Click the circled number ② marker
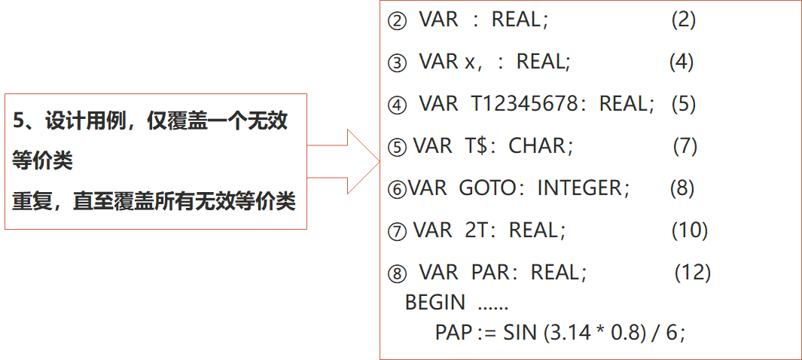pyautogui.click(x=396, y=21)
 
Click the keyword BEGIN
pyautogui.click(x=435, y=302)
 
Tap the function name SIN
pyautogui.click(x=520, y=331)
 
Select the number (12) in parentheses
pyautogui.click(x=692, y=271)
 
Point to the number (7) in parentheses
pyautogui.click(x=685, y=145)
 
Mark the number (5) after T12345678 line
pyautogui.click(x=682, y=103)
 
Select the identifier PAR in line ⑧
pyautogui.click(x=491, y=271)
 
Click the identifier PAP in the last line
pyautogui.click(x=453, y=331)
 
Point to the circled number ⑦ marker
pyautogui.click(x=396, y=230)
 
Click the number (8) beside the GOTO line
pyautogui.click(x=682, y=188)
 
